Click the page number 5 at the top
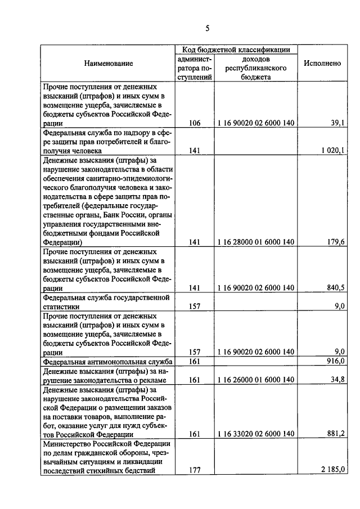[x=207, y=29]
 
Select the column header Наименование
[x=109, y=64]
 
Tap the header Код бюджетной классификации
[x=236, y=49]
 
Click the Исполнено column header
[x=322, y=64]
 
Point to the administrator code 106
[x=195, y=123]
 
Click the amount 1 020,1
[x=331, y=150]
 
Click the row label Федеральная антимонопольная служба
[x=107, y=361]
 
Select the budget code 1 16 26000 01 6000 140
[x=255, y=380]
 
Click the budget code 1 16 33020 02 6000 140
[x=255, y=434]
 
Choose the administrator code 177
[x=195, y=470]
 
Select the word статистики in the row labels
[x=61, y=307]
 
